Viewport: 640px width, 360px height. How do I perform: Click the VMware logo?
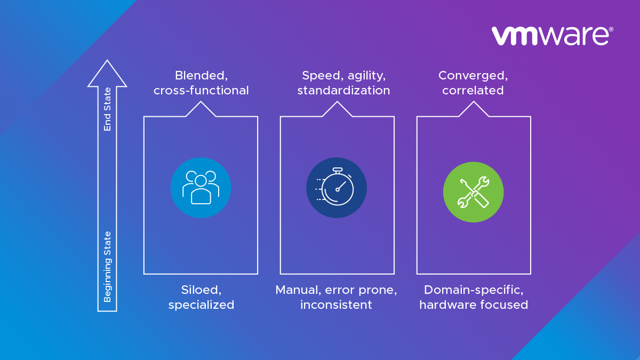tap(552, 36)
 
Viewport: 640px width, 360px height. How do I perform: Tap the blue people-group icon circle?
tap(201, 188)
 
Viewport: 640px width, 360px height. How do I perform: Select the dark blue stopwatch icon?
tap(337, 188)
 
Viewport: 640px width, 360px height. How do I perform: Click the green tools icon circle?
tap(474, 192)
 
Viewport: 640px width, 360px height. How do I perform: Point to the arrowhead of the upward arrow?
tap(107, 73)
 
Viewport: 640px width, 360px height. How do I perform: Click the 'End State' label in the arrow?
tap(107, 109)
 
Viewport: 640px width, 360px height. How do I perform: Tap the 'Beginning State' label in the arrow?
tap(107, 267)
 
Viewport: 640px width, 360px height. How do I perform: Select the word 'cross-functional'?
tap(201, 91)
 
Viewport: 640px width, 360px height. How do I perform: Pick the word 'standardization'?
tap(343, 91)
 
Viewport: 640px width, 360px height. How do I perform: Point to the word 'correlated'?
tap(473, 91)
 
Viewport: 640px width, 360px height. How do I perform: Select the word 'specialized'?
tap(201, 305)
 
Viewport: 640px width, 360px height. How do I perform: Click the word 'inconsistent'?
tap(336, 305)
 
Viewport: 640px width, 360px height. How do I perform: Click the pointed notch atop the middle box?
tap(337, 102)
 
